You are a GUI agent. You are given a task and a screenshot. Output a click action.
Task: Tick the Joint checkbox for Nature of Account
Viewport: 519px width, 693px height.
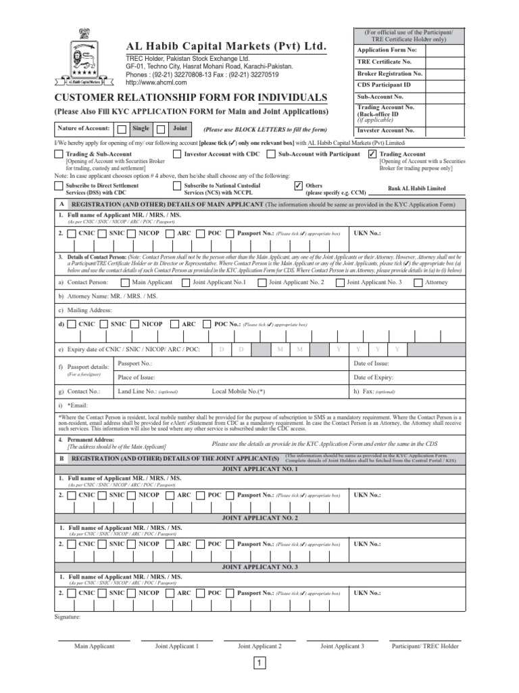click(x=161, y=129)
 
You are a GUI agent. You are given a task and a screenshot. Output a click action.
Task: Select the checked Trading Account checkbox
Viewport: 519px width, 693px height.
click(x=372, y=154)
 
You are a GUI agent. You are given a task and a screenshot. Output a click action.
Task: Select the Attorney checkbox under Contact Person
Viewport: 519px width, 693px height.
click(x=418, y=282)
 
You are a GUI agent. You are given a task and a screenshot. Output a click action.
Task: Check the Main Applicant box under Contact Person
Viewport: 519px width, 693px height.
click(x=124, y=282)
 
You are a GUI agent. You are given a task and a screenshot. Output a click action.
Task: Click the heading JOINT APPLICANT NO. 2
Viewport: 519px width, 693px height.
click(x=259, y=518)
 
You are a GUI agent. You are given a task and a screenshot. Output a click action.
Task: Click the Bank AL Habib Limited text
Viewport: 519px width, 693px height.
click(x=416, y=189)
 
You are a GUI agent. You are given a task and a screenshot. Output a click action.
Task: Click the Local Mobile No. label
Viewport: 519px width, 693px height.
click(x=238, y=391)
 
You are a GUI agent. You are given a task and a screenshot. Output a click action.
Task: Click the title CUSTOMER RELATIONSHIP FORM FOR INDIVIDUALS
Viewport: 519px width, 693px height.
click(x=191, y=99)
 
